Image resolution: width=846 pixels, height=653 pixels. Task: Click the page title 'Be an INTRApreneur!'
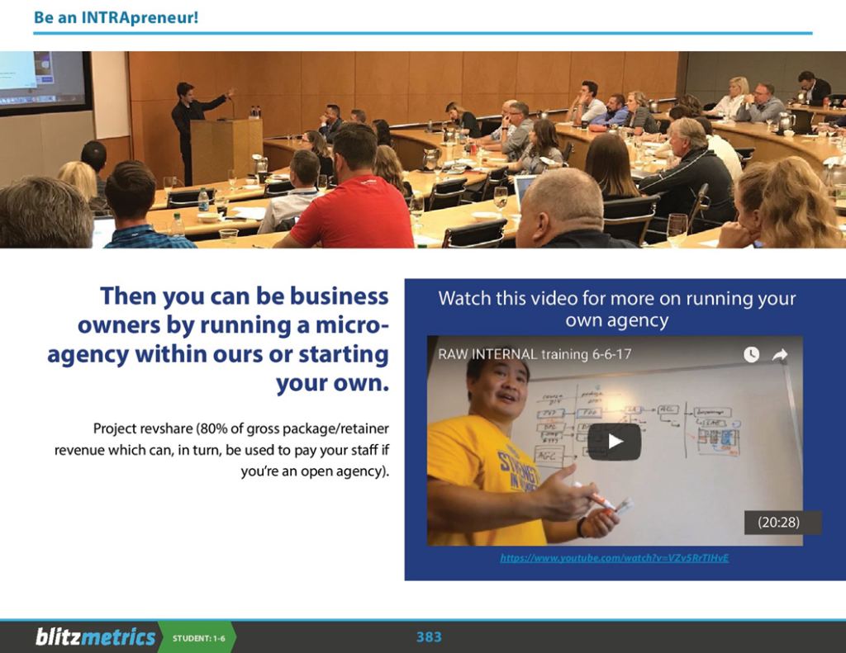tap(116, 17)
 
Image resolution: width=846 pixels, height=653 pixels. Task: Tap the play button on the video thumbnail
tap(614, 442)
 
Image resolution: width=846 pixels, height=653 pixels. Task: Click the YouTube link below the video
tap(614, 558)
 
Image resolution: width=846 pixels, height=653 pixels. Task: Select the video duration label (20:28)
tap(777, 523)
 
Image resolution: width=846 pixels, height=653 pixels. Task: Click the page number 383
tap(429, 636)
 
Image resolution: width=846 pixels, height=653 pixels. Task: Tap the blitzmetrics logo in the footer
tap(95, 636)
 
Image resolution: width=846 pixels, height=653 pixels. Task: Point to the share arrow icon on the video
tap(779, 354)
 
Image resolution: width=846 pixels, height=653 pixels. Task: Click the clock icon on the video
tap(751, 354)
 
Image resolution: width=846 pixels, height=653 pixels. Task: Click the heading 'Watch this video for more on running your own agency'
tap(617, 309)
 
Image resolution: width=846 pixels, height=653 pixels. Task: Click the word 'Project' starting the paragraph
tap(116, 428)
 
